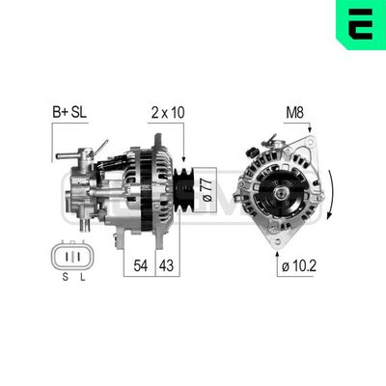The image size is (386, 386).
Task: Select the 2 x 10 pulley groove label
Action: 167,112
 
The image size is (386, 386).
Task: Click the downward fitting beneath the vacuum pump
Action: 85,223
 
